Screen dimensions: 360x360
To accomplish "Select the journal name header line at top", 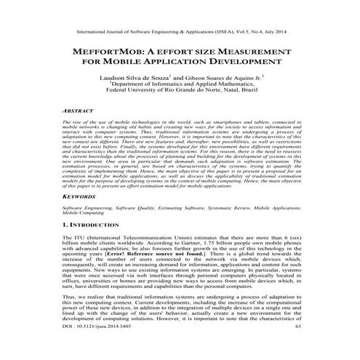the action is (x=180, y=32).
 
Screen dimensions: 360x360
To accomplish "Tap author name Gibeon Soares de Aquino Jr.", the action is (x=222, y=76).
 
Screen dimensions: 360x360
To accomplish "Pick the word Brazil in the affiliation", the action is (x=262, y=93).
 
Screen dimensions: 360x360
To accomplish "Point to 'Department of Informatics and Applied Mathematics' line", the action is (x=181, y=84).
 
